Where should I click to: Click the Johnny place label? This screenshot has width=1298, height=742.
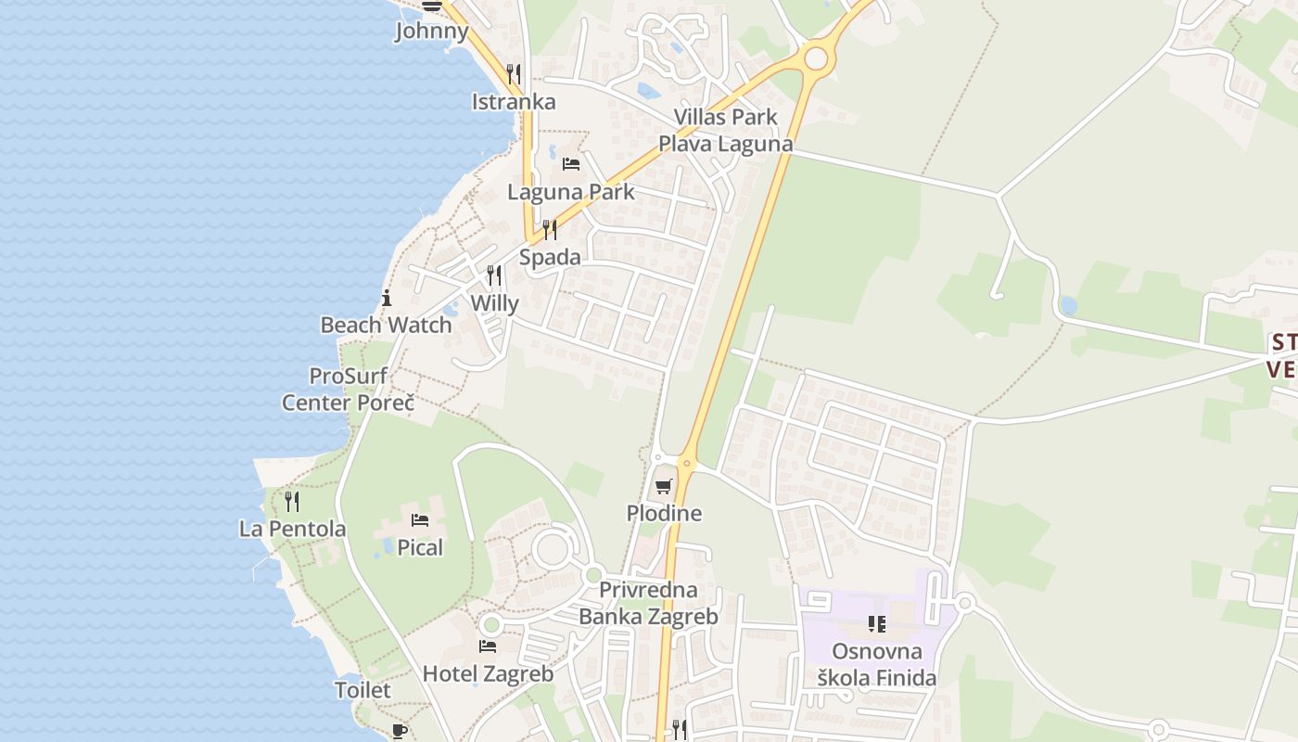(x=432, y=31)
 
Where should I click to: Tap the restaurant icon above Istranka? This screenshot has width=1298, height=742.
(x=514, y=73)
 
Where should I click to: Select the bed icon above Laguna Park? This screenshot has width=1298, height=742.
(x=571, y=164)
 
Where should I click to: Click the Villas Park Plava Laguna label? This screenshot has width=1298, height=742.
(x=726, y=130)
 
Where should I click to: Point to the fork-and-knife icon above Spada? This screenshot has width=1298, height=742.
(x=550, y=229)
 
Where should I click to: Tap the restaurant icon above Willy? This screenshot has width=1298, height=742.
(x=494, y=275)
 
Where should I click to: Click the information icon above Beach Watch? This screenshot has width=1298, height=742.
(x=387, y=298)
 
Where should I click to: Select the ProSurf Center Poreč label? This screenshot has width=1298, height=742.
(x=348, y=390)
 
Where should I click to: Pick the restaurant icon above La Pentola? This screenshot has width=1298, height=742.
(x=292, y=502)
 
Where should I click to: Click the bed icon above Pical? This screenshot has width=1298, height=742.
(x=420, y=520)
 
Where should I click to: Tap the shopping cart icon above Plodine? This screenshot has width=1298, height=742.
(x=663, y=486)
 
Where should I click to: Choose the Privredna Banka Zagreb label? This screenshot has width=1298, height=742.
(x=648, y=603)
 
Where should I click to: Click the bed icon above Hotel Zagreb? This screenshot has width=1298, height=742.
(x=488, y=646)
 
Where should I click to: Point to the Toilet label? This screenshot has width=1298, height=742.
(x=363, y=690)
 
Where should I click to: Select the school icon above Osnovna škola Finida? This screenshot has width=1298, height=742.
(x=876, y=624)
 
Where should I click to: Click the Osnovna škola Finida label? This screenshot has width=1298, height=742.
(x=876, y=665)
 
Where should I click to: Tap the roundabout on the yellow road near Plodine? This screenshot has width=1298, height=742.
(x=687, y=462)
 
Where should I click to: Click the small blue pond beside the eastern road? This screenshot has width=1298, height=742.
(x=1068, y=305)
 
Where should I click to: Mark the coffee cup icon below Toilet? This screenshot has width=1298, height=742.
(x=399, y=731)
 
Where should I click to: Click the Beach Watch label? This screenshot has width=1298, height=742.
(x=386, y=325)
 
